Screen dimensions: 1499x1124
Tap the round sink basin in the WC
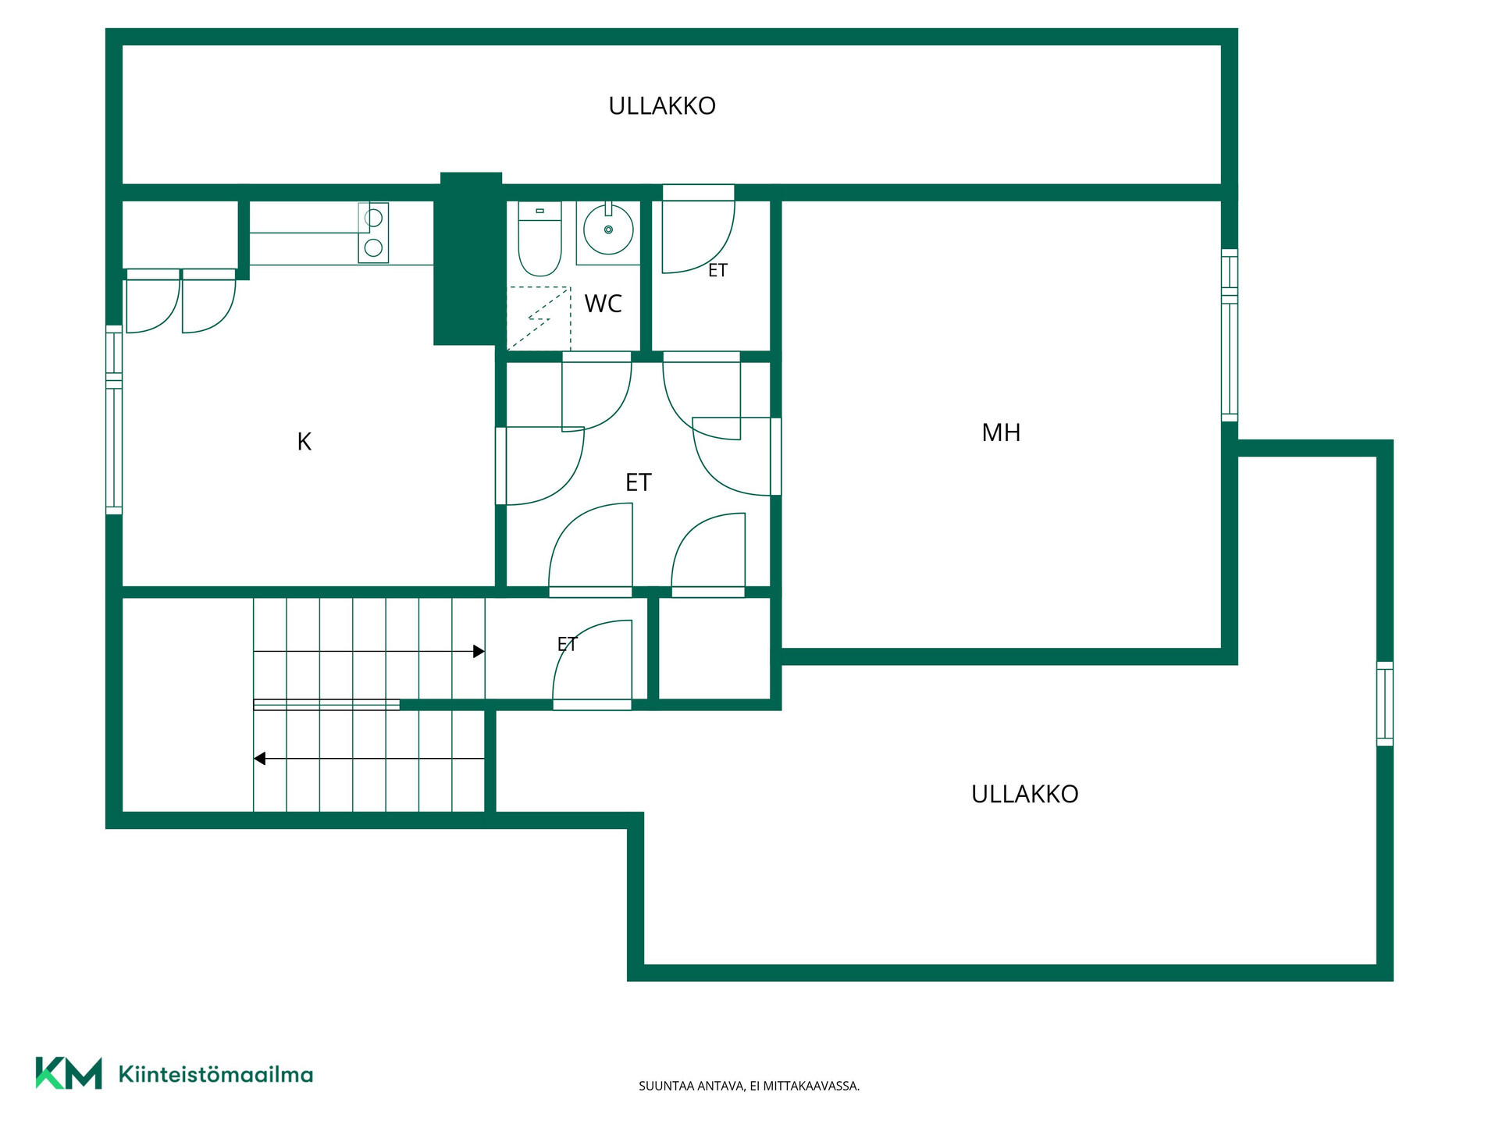(x=608, y=229)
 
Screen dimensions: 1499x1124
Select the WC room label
(x=604, y=304)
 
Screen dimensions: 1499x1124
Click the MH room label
(x=1001, y=432)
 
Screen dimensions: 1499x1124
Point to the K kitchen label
(x=304, y=442)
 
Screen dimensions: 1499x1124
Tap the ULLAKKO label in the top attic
(x=662, y=106)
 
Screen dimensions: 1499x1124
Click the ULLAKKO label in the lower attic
(x=1025, y=794)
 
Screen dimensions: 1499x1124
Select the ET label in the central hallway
(x=639, y=482)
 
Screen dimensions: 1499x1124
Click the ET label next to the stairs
(x=567, y=645)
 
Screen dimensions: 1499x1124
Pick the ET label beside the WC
(x=717, y=271)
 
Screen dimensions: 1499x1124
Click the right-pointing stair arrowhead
(x=479, y=651)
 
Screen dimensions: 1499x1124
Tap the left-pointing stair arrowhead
(x=260, y=759)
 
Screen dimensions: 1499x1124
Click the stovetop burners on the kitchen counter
(x=373, y=233)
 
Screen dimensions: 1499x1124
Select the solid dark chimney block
(x=468, y=258)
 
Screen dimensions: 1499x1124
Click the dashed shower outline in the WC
(x=539, y=318)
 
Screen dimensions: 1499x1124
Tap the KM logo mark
(x=69, y=1073)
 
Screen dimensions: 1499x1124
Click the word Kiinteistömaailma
(x=215, y=1075)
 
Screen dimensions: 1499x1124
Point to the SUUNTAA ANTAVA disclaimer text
(x=749, y=1086)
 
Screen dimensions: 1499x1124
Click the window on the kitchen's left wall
(x=114, y=420)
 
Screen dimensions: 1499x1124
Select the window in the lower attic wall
(x=1384, y=704)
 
